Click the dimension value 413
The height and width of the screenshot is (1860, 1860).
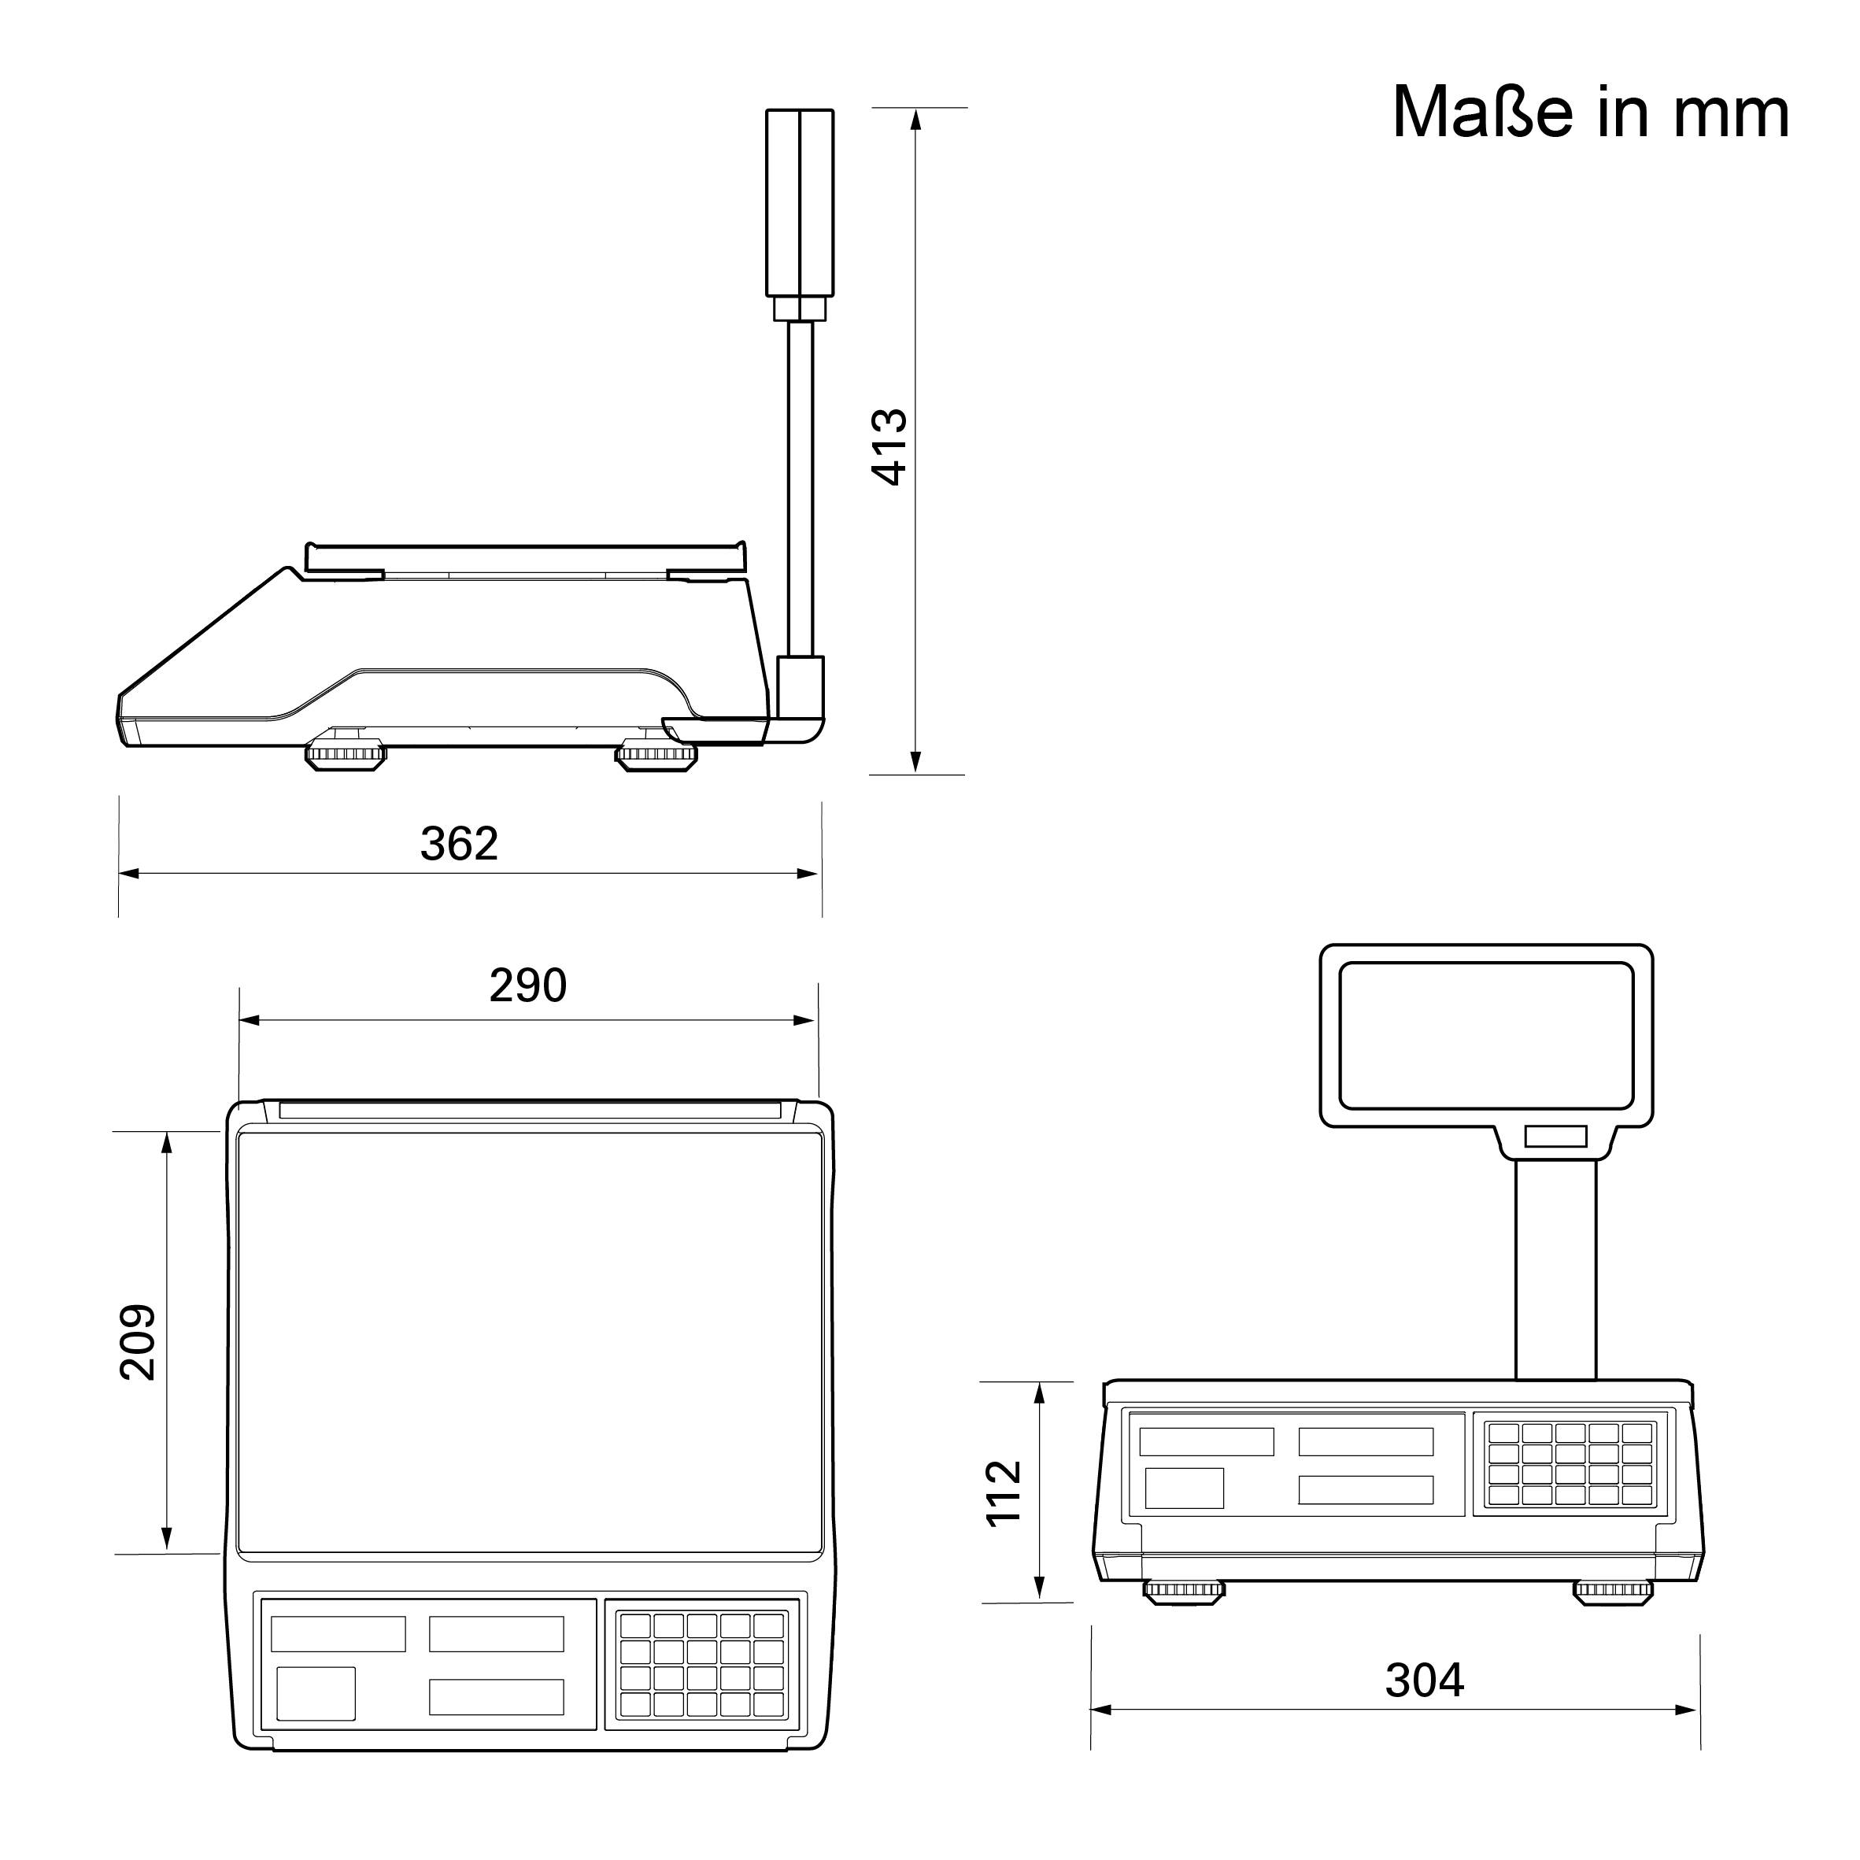click(x=888, y=447)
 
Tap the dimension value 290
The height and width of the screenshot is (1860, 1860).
click(x=527, y=985)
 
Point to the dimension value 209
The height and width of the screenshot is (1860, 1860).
click(x=138, y=1342)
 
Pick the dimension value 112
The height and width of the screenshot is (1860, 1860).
click(x=1004, y=1493)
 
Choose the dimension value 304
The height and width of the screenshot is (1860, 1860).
click(x=1424, y=1681)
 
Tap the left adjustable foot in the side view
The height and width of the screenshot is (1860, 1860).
click(x=345, y=755)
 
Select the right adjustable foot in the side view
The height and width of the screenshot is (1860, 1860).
click(x=656, y=755)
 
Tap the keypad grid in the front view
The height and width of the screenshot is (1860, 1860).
click(x=1570, y=1463)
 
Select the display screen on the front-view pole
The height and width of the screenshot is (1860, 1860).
click(x=1485, y=1036)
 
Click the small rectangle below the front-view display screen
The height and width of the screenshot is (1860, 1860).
click(x=1555, y=1137)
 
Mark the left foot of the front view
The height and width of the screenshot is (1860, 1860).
click(x=1183, y=1591)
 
